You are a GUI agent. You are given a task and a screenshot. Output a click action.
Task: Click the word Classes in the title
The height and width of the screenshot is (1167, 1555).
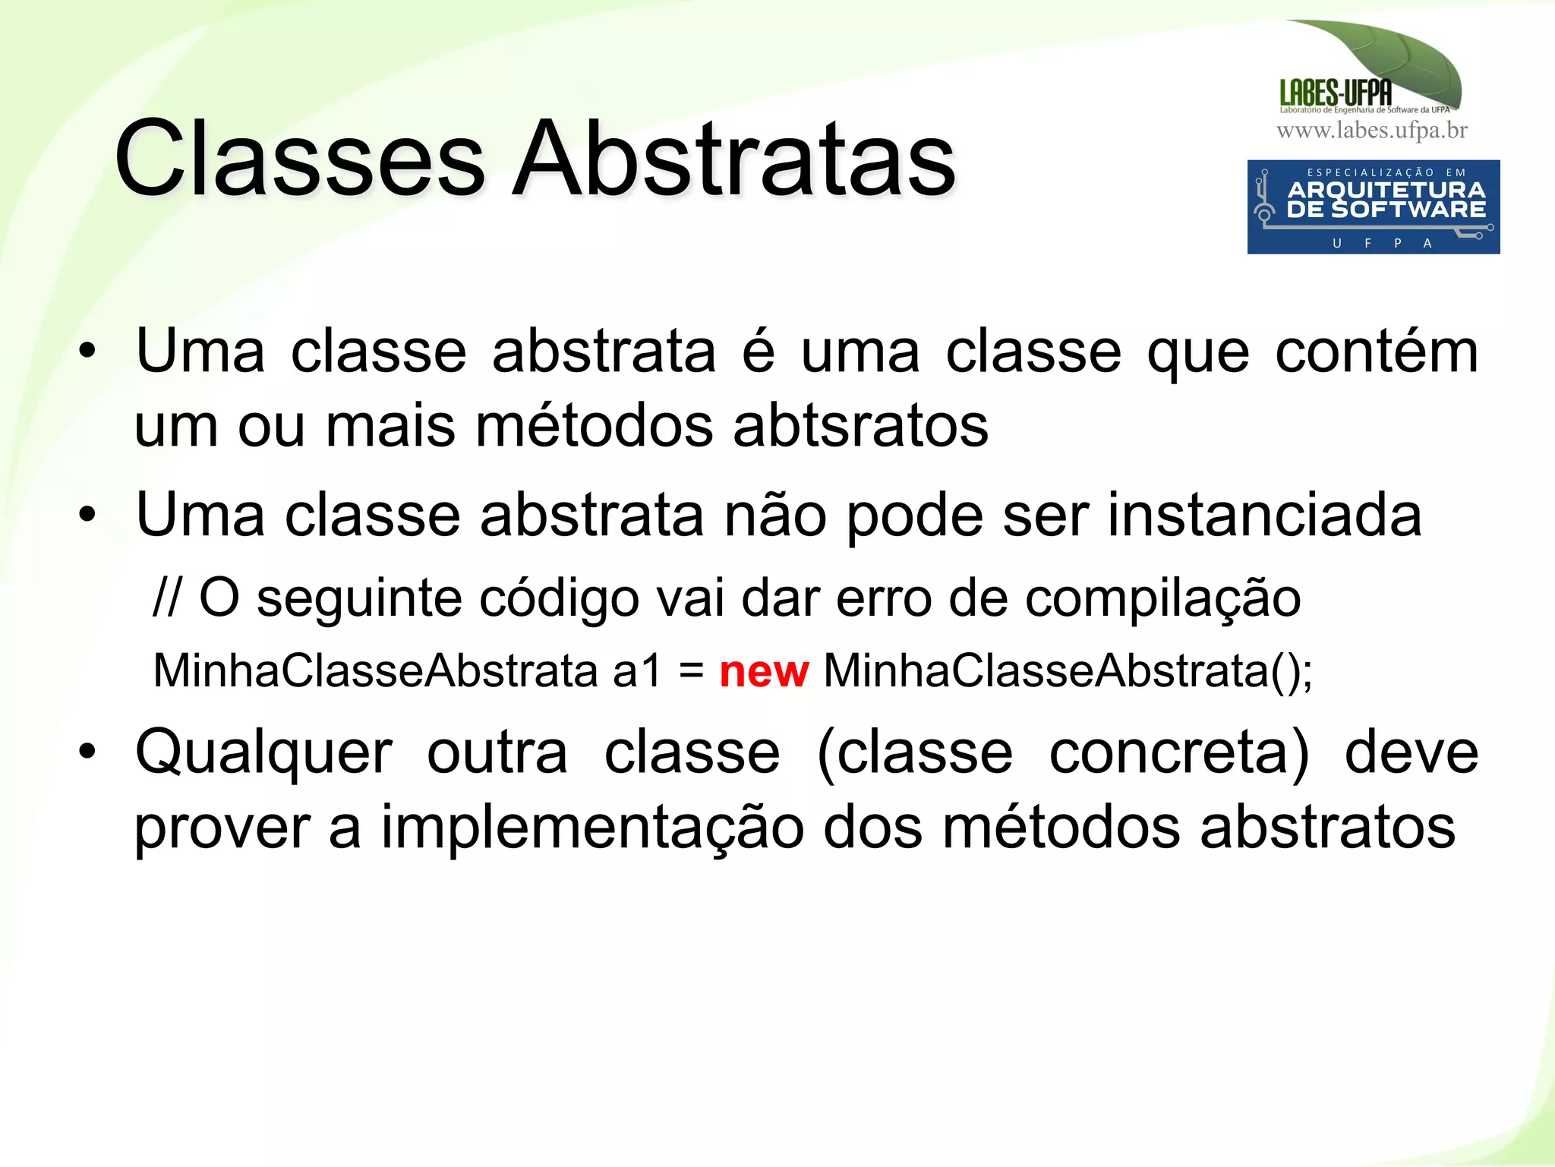tap(299, 159)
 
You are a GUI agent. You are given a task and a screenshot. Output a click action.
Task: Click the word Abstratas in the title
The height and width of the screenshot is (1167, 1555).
tap(733, 159)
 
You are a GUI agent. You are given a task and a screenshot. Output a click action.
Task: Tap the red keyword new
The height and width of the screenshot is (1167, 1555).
tap(763, 672)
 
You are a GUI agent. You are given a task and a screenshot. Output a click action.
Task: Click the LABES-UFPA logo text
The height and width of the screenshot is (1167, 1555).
tap(1336, 93)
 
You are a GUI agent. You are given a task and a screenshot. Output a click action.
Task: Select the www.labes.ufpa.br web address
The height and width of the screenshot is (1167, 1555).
tap(1371, 131)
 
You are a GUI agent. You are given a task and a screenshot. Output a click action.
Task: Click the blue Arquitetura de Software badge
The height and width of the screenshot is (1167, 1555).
tap(1373, 207)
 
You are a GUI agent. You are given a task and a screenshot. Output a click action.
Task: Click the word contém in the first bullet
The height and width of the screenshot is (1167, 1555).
tap(1376, 352)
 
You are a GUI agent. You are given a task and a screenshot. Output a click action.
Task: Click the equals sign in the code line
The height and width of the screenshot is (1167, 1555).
tap(691, 672)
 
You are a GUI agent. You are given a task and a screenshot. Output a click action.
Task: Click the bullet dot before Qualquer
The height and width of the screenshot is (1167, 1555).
tap(87, 752)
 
